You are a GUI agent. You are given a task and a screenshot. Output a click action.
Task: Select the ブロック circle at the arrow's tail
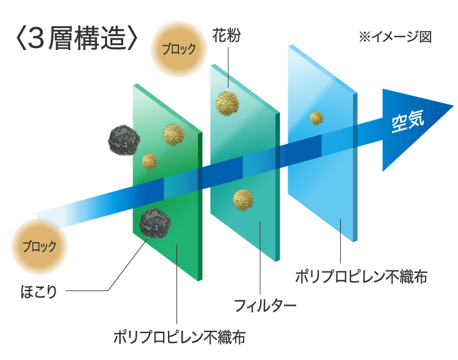[x=40, y=247]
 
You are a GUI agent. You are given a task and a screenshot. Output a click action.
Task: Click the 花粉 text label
[x=227, y=36]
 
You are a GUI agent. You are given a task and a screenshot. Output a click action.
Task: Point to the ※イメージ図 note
[x=395, y=37]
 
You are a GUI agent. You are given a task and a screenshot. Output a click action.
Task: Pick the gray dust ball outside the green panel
[x=123, y=141]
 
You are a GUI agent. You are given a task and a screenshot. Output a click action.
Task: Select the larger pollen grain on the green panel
[x=173, y=133]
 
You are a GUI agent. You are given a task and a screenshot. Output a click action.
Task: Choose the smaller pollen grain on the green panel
[x=150, y=161]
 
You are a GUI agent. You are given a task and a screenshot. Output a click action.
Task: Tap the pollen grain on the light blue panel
[x=316, y=117]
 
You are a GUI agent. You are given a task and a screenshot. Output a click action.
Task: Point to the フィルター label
[x=265, y=303]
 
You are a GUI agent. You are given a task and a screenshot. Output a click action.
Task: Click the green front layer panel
[x=183, y=244]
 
